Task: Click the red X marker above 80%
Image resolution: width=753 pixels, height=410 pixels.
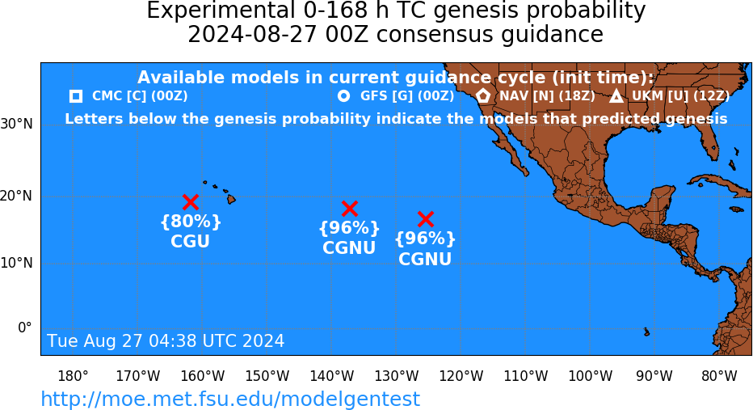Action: click(191, 202)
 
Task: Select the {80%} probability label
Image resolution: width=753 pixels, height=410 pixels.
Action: click(191, 222)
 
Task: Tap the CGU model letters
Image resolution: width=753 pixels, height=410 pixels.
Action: click(190, 241)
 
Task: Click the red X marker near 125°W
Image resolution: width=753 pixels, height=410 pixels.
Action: click(426, 218)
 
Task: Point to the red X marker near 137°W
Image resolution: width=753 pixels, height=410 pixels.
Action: click(350, 209)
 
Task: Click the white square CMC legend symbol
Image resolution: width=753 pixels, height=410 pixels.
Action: click(76, 96)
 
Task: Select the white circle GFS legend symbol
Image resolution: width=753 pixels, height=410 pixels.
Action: click(344, 96)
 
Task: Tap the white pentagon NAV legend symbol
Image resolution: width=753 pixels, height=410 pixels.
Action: click(483, 95)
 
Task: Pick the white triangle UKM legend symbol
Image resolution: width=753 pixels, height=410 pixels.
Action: click(616, 96)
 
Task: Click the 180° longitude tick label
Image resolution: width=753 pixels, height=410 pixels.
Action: click(73, 376)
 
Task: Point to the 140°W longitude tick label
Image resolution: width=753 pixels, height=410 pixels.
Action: click(332, 376)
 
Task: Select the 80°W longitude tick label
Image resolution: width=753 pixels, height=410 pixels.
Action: click(719, 376)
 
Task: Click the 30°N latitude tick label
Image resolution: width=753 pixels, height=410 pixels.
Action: click(17, 124)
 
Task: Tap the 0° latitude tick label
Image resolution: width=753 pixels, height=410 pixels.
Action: click(25, 328)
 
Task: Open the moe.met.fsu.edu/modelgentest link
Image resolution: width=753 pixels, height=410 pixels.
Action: click(230, 399)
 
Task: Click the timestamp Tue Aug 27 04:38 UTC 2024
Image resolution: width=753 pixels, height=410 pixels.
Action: click(166, 340)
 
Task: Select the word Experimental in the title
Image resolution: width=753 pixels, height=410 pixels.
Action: click(221, 11)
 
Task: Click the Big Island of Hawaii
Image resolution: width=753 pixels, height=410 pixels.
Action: click(231, 198)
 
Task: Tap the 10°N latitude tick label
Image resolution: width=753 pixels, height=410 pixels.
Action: click(17, 263)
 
